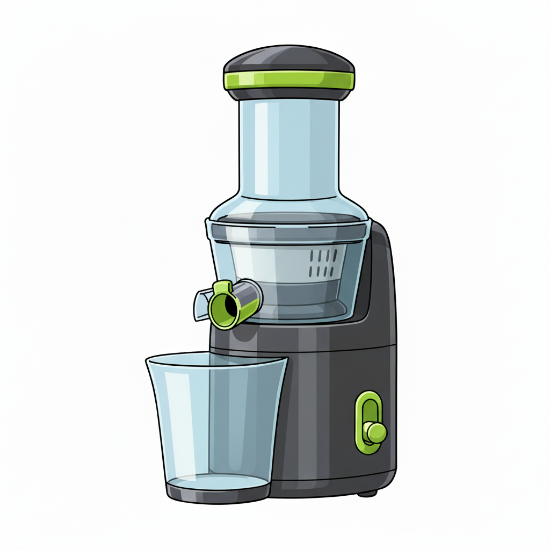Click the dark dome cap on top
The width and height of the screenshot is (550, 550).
(289, 59)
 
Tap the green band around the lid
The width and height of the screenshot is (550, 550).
(289, 81)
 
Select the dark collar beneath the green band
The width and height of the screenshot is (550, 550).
(289, 95)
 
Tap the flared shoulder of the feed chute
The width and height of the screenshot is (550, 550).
(289, 207)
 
